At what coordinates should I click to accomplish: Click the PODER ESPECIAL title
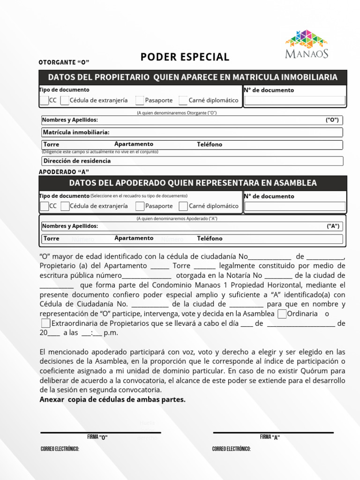coord(185,57)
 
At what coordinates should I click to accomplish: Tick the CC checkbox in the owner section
coord(44,100)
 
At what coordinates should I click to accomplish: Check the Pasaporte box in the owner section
coord(140,100)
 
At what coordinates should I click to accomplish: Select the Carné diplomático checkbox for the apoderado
coord(183,206)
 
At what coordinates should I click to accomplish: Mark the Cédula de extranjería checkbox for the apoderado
coord(65,206)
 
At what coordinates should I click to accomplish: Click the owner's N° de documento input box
coord(295,100)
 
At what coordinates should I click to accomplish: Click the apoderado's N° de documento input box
coord(295,206)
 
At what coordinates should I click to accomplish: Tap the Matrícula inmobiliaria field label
coord(76,133)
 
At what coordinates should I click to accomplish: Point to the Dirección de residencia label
coord(77,161)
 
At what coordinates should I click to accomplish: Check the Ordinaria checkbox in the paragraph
coord(282,314)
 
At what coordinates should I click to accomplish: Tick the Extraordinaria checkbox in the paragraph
coord(45,323)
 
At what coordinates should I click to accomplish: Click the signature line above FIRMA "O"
coord(100,432)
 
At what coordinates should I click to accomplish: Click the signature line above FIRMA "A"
coord(273,432)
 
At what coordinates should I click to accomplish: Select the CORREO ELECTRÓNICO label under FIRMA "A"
coord(231,449)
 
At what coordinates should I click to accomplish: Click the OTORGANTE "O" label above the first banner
coord(63,62)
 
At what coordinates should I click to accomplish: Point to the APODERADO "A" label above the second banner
coord(63,172)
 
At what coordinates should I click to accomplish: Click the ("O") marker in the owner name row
coord(332,120)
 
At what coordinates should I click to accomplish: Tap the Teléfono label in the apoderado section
coord(210,239)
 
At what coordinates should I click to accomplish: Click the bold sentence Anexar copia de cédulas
coord(112,400)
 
